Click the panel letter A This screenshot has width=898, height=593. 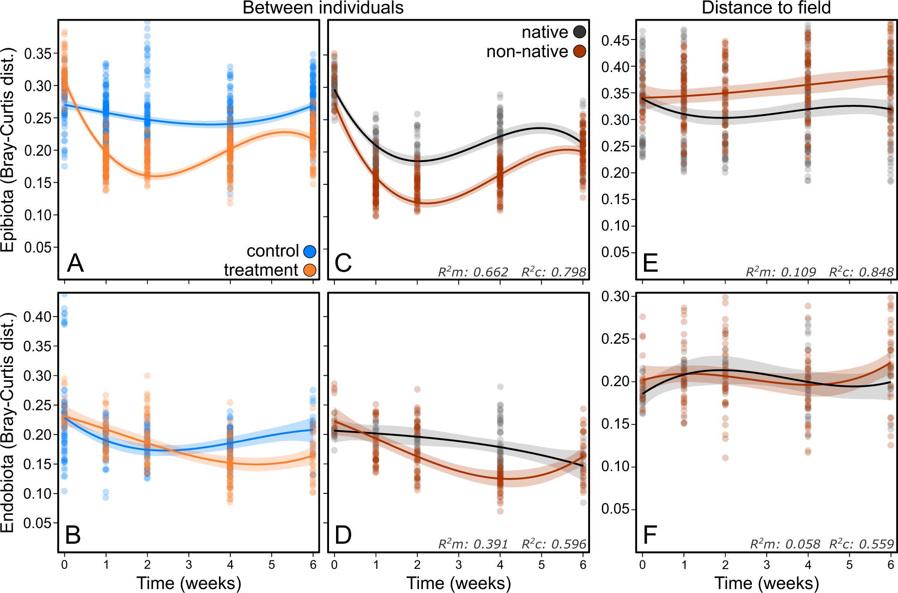pyautogui.click(x=75, y=263)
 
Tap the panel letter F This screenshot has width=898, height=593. pyautogui.click(x=650, y=535)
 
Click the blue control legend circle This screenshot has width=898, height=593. pyautogui.click(x=310, y=252)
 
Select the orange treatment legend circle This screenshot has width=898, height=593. pyautogui.click(x=310, y=270)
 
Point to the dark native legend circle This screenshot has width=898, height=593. pyautogui.click(x=580, y=32)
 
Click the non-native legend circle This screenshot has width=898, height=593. pyautogui.click(x=580, y=51)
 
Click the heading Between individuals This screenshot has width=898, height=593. pyautogui.click(x=323, y=8)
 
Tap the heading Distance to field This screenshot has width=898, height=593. pyautogui.click(x=766, y=8)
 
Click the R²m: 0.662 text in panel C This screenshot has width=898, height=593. pyautogui.click(x=473, y=272)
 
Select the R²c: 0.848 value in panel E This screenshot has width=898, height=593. pyautogui.click(x=861, y=272)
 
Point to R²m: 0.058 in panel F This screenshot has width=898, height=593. pyautogui.click(x=784, y=544)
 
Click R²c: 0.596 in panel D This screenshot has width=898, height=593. pyautogui.click(x=554, y=544)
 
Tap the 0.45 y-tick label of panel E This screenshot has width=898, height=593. pyautogui.click(x=615, y=40)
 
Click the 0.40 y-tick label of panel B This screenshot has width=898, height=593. pyautogui.click(x=38, y=316)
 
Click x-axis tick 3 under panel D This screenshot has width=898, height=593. pyautogui.click(x=458, y=565)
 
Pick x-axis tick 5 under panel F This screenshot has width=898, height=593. pyautogui.click(x=849, y=565)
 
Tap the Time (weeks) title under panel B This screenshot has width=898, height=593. pyautogui.click(x=189, y=583)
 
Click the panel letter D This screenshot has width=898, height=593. pyautogui.click(x=343, y=535)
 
